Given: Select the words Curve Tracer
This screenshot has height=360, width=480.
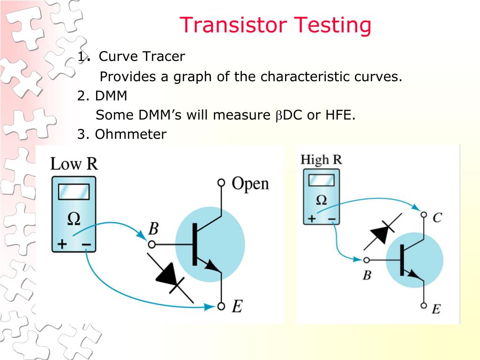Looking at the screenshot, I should [142, 57].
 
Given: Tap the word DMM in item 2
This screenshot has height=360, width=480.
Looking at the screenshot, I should [111, 96].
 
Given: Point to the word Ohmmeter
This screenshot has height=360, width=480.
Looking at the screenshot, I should [130, 135].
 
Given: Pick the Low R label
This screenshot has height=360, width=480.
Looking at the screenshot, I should [74, 164].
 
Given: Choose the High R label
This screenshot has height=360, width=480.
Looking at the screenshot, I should [321, 159].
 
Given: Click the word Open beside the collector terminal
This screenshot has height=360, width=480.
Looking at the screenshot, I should [250, 183].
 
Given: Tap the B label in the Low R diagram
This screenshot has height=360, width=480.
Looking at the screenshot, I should [153, 229].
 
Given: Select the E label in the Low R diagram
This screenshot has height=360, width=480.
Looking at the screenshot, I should [237, 307].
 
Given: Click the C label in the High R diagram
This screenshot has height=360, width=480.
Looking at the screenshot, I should [437, 217].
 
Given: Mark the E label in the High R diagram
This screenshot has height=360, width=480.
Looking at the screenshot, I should [436, 309].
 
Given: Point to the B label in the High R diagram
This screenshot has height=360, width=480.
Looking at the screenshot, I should [367, 275].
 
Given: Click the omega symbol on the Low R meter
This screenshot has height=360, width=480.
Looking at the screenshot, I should [74, 219].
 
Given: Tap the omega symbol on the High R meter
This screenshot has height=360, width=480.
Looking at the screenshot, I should [322, 200].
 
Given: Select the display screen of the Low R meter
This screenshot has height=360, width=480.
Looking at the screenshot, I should [74, 192].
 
